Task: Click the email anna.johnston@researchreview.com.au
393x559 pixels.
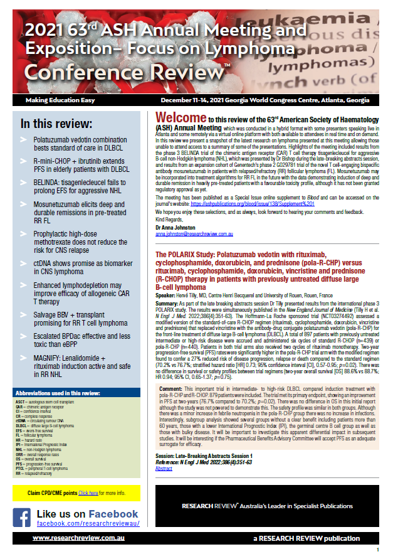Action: [x=194, y=233]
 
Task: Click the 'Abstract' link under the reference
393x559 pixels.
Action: [x=164, y=468]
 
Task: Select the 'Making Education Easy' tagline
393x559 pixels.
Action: [x=60, y=100]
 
